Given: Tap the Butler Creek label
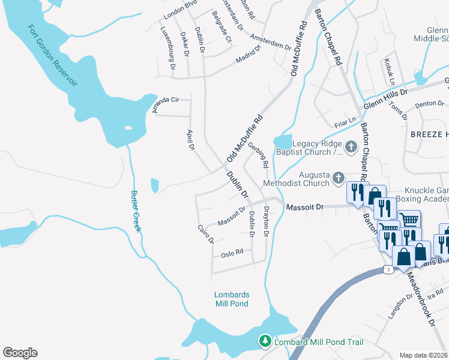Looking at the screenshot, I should tap(136, 211).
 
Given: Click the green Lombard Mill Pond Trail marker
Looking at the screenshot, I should tap(264, 341).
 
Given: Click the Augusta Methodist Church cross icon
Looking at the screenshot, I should tap(339, 177).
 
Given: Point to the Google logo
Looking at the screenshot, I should tap(20, 353).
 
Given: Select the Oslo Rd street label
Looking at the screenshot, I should tap(232, 252).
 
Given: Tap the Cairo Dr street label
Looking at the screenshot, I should tap(206, 234).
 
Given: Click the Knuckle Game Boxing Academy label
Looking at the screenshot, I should tap(423, 193).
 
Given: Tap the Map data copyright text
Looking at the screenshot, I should tap(423, 355).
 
